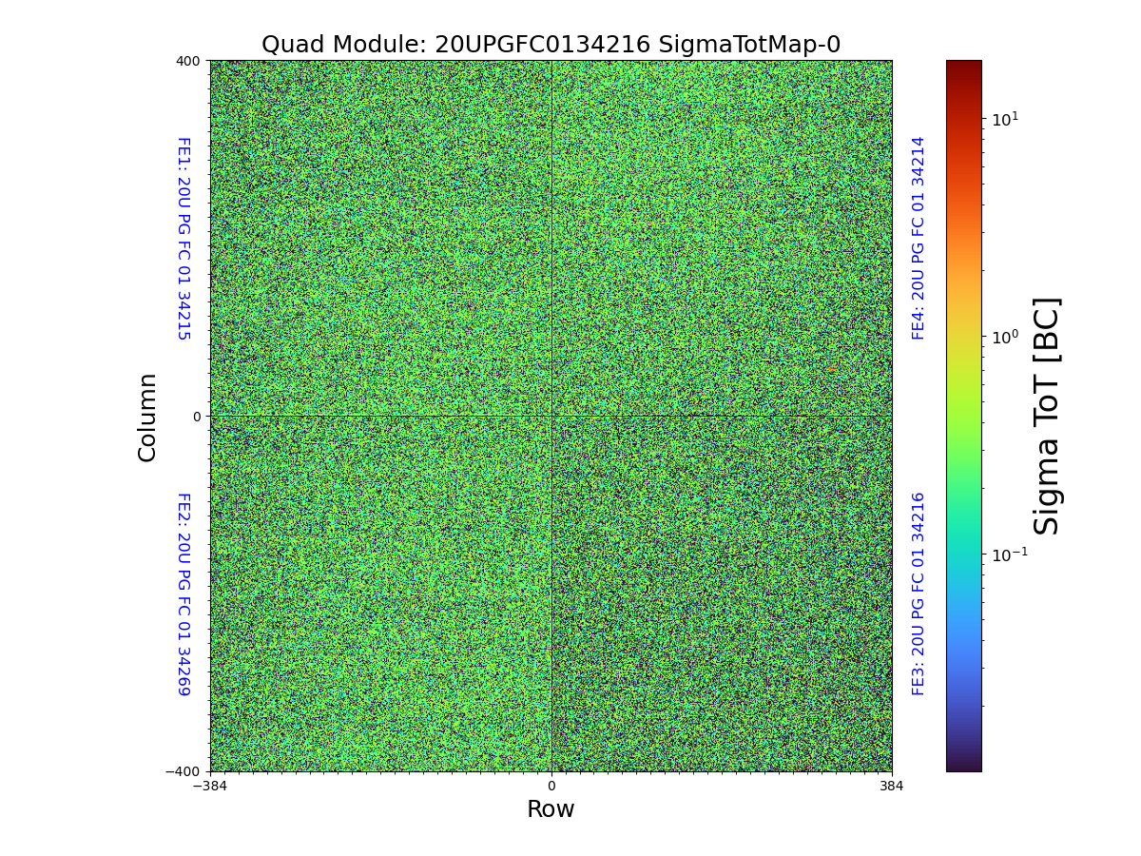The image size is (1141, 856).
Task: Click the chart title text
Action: point(551,45)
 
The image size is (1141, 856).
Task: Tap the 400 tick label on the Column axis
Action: point(188,61)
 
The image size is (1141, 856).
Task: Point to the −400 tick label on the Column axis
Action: point(184,771)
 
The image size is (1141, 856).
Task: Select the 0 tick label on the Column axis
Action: point(197,417)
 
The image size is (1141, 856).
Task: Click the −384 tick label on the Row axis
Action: point(210,787)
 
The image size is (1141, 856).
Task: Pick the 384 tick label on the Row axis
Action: point(892,787)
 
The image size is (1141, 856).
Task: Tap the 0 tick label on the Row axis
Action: point(551,787)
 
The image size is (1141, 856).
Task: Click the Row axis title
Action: point(551,809)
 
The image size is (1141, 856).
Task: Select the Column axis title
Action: point(147,417)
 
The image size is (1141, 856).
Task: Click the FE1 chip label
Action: point(184,239)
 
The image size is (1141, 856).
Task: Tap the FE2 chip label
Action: point(184,593)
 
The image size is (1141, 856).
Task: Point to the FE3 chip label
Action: point(919,593)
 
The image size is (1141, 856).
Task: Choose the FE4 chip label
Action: point(919,239)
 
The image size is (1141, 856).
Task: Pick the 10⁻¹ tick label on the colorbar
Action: point(1009,554)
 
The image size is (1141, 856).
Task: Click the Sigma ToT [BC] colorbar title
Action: point(1047,417)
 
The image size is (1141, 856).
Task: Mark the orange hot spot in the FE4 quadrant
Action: point(832,369)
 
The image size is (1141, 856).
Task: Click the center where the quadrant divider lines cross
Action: point(551,417)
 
